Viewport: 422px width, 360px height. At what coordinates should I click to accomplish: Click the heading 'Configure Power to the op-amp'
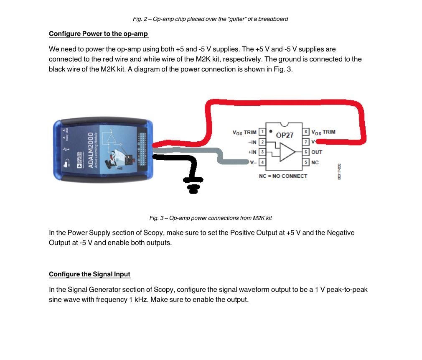pos(98,34)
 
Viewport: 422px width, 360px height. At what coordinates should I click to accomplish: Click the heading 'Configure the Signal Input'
pos(89,274)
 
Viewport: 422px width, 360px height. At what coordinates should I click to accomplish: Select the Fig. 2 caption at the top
pos(210,19)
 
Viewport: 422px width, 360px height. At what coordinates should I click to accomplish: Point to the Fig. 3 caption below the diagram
pos(211,218)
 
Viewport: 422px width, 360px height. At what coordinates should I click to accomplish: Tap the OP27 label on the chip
pos(285,135)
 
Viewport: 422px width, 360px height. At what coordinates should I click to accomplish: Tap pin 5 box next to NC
pos(306,162)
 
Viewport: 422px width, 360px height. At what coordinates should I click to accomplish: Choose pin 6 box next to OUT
pos(306,152)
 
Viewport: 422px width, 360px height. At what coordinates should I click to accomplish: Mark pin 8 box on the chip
pos(306,132)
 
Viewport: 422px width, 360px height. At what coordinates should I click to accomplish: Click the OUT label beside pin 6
pos(317,152)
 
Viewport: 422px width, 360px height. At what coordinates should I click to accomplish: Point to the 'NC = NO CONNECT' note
pos(283,176)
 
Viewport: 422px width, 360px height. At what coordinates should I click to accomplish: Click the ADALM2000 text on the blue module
pos(89,151)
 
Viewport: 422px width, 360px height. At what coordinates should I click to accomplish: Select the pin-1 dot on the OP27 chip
pos(271,130)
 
